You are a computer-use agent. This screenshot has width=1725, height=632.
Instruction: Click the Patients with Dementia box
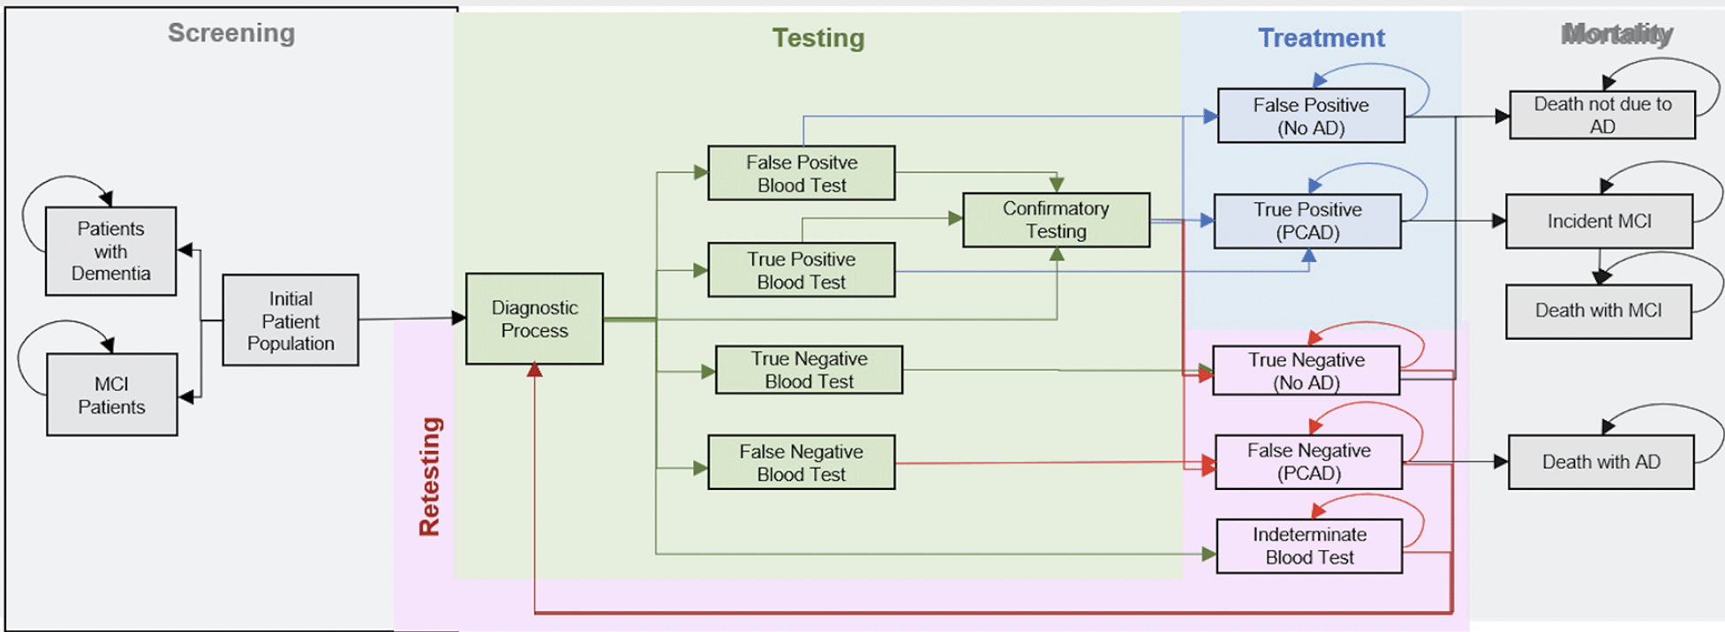(111, 251)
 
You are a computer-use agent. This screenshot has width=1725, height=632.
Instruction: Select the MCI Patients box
(112, 395)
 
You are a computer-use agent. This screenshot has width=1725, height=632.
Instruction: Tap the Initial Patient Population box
(290, 320)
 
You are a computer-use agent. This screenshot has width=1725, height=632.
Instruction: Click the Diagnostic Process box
(535, 319)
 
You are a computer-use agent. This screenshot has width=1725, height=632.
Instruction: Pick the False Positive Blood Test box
(802, 173)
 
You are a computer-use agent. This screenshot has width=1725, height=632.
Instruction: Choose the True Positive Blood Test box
(802, 270)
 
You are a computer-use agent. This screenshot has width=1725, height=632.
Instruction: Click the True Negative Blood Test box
(809, 370)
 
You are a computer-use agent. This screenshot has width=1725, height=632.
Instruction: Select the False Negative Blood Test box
(802, 463)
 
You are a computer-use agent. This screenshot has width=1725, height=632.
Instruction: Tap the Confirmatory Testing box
(1057, 220)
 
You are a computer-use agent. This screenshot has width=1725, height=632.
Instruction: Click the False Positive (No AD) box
(1311, 116)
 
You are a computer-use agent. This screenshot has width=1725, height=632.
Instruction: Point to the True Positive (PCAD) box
(1307, 221)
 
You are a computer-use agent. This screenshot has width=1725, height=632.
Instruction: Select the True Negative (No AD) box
(1307, 371)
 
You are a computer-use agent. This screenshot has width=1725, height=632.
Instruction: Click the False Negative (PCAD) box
(1309, 462)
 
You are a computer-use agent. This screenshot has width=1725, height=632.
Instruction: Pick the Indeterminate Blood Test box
(1310, 546)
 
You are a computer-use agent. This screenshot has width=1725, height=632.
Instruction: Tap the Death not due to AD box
(1602, 115)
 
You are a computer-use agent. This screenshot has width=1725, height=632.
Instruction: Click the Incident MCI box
(1600, 221)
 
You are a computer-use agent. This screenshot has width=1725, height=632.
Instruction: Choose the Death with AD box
(1601, 462)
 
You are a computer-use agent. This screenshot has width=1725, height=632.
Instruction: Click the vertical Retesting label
(430, 477)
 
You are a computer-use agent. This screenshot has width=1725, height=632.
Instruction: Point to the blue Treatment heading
(1322, 38)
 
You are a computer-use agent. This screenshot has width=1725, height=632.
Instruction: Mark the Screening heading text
(231, 33)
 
